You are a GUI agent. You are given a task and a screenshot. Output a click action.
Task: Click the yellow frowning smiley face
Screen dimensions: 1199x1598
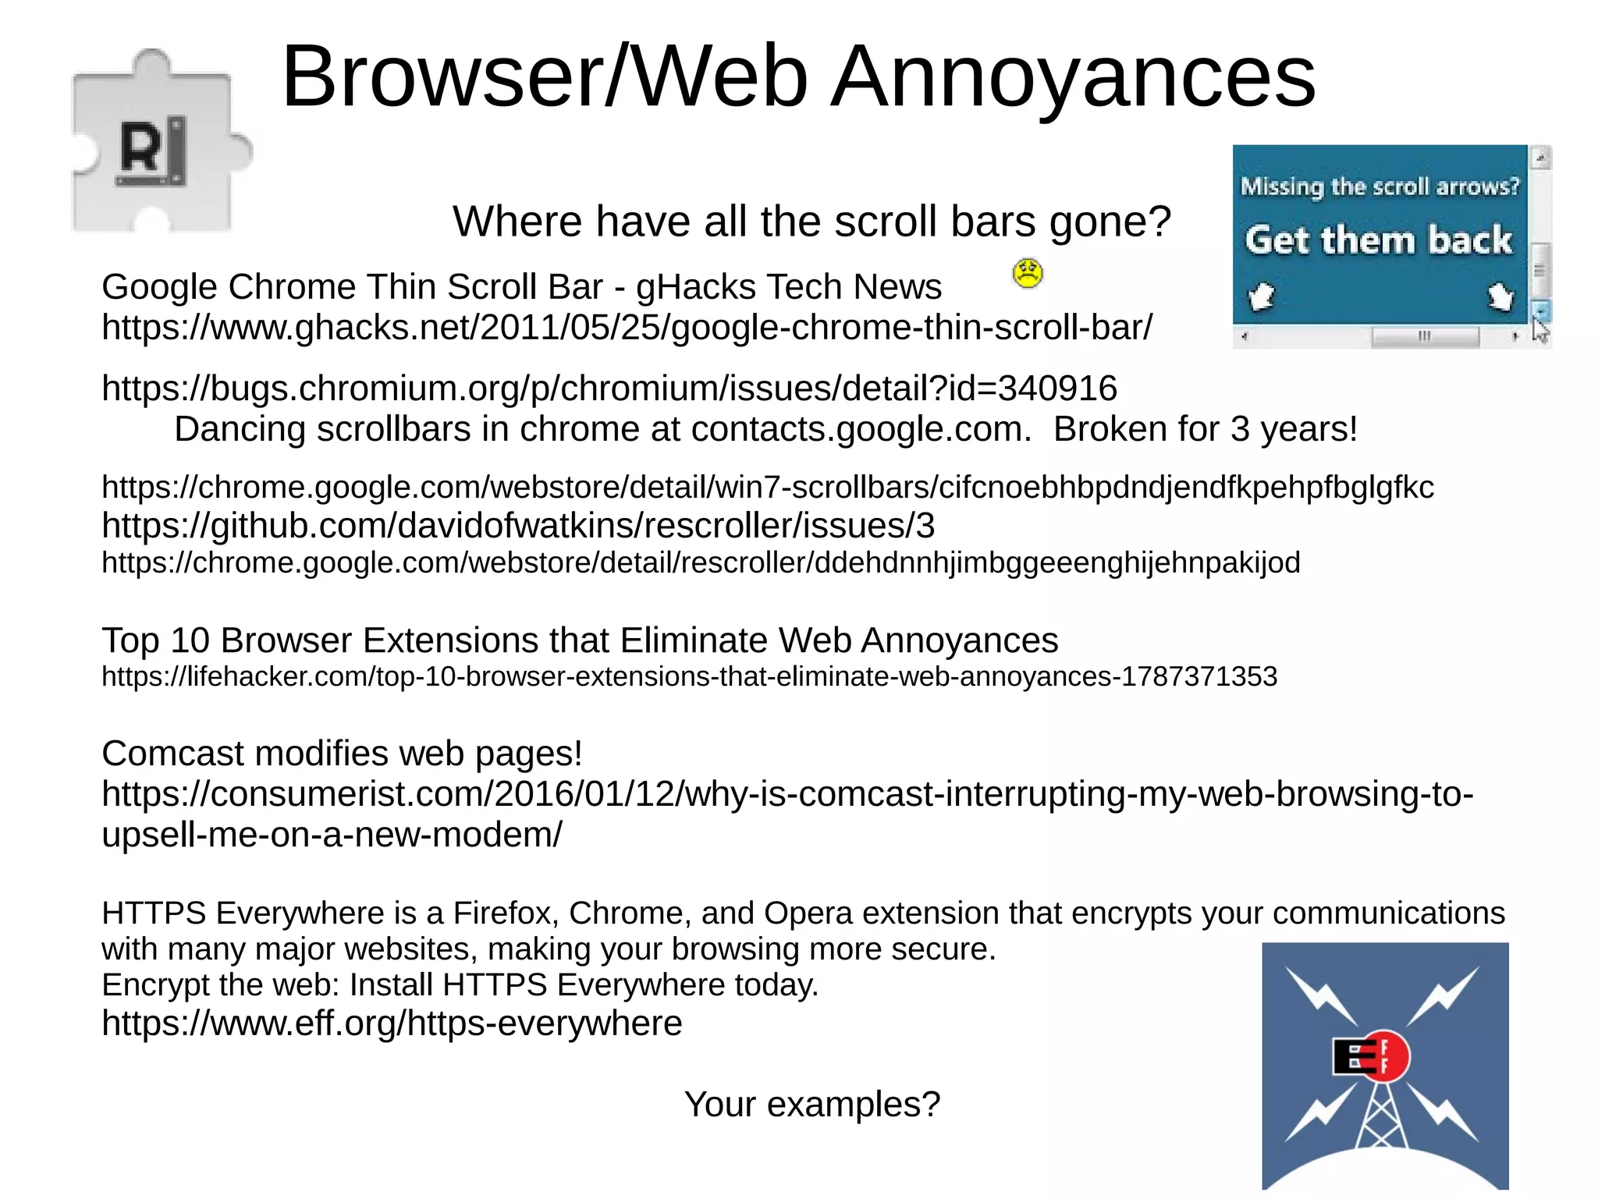(x=1027, y=273)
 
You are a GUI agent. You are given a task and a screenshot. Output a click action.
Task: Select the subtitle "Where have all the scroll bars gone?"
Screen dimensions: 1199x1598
(x=811, y=222)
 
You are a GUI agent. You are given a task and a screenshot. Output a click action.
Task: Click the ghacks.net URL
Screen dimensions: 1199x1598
(x=627, y=328)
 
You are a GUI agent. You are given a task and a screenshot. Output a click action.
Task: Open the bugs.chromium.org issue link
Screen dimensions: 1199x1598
(x=609, y=388)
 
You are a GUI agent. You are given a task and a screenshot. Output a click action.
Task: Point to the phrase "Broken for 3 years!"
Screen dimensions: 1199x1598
(x=1206, y=429)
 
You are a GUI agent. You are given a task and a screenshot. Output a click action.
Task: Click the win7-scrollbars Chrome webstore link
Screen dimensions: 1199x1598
(x=767, y=488)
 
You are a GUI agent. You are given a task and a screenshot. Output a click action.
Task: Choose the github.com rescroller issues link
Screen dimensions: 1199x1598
(x=518, y=526)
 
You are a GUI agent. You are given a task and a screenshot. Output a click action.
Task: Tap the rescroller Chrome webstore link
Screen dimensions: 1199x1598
(x=701, y=562)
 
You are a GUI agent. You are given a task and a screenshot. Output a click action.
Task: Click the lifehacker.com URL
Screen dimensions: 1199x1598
(x=689, y=676)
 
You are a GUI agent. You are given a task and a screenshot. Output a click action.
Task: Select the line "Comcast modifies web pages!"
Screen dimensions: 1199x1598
(x=342, y=754)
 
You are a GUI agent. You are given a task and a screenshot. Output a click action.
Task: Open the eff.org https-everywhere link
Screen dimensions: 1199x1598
(x=392, y=1023)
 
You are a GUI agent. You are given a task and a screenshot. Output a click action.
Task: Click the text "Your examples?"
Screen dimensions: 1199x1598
(x=811, y=1105)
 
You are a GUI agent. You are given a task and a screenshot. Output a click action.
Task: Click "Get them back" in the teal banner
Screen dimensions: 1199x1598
(x=1378, y=239)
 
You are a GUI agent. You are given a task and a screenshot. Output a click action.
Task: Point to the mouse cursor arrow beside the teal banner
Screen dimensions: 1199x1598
(x=1539, y=329)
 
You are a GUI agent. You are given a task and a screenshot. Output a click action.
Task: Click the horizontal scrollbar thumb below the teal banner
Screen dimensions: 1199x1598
(x=1425, y=337)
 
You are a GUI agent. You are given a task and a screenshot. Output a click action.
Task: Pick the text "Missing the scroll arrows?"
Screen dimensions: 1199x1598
(x=1380, y=186)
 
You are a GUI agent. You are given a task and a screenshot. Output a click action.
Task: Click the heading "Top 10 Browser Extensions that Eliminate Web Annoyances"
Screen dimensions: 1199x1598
(x=580, y=640)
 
